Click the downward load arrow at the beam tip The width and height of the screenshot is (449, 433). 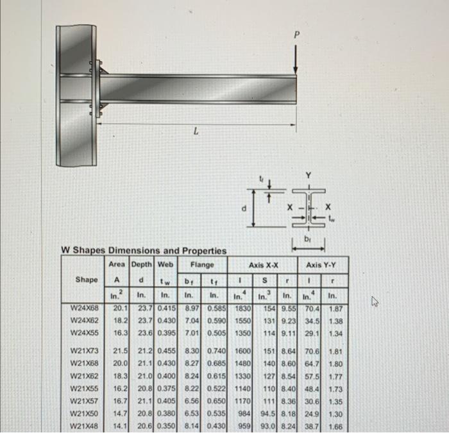pyautogui.click(x=296, y=61)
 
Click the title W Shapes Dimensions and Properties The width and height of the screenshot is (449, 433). pyautogui.click(x=144, y=250)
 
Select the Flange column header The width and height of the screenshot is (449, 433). pyautogui.click(x=201, y=264)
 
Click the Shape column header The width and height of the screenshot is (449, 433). pyautogui.click(x=87, y=280)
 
